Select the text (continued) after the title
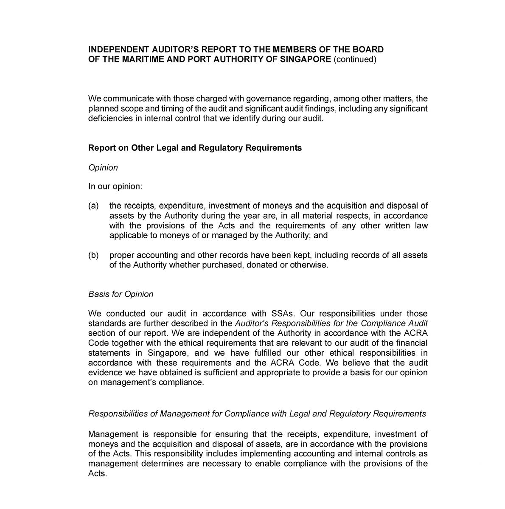tap(355, 59)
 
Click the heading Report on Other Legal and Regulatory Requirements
tap(195, 148)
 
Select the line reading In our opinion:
tap(115, 186)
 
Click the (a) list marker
tap(93, 206)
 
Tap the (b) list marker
tap(93, 255)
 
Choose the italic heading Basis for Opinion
tap(121, 294)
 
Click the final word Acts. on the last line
tap(97, 473)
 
